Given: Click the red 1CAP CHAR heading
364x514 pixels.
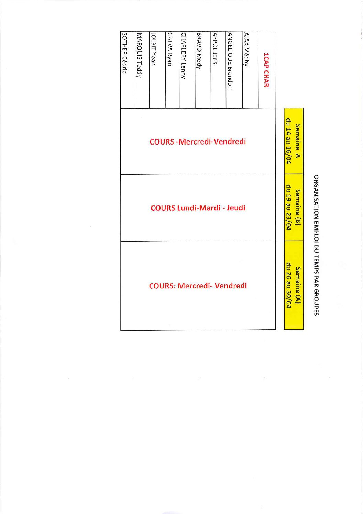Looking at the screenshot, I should (x=266, y=70).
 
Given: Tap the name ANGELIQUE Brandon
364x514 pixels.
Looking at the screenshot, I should (x=230, y=61).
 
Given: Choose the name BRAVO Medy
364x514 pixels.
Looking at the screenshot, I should (x=199, y=50).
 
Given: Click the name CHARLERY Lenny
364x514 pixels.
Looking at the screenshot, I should (x=183, y=56).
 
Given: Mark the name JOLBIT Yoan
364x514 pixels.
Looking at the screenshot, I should (x=153, y=49).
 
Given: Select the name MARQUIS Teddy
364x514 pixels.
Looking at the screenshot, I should (x=139, y=55).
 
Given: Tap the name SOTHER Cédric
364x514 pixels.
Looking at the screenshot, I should (x=124, y=53).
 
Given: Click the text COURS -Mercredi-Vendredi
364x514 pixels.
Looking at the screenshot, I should (x=198, y=142).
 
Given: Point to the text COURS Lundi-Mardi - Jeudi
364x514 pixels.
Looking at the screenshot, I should (x=198, y=208).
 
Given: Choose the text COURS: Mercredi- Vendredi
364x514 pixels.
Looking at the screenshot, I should (x=198, y=286).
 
